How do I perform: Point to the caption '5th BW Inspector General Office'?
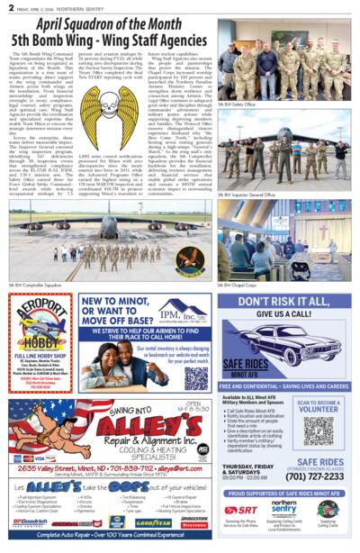click(x=246, y=194)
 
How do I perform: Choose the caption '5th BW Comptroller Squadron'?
click(x=37, y=286)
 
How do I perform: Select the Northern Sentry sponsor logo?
click(x=284, y=509)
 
